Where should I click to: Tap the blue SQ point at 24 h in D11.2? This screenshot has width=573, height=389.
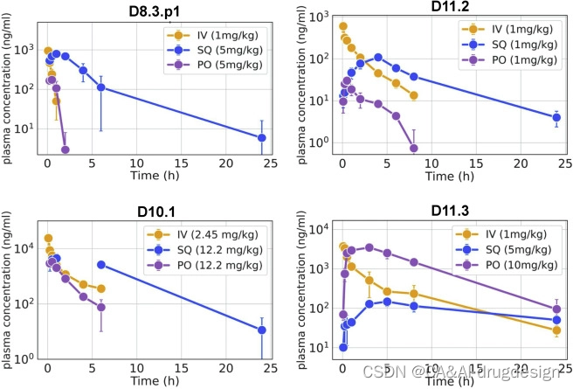pos(556,117)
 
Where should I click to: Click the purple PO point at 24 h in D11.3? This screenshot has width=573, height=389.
pos(556,309)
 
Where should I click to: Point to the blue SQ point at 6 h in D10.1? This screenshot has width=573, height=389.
pos(100,264)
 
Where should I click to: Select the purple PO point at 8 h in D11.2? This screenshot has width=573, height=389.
pos(413,148)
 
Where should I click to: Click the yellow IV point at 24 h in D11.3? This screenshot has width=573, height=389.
pos(556,330)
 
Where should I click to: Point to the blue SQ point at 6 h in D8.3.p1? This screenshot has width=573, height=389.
pos(100,87)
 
